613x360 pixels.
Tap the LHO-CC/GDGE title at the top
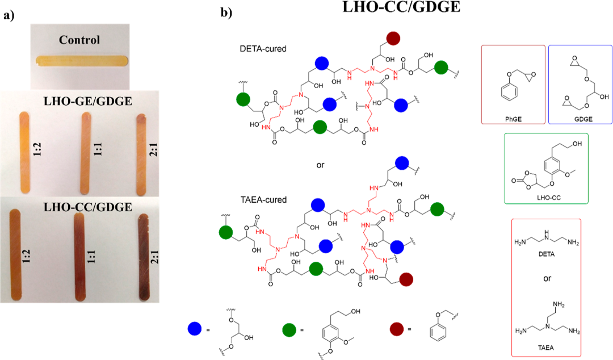[394, 10]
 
